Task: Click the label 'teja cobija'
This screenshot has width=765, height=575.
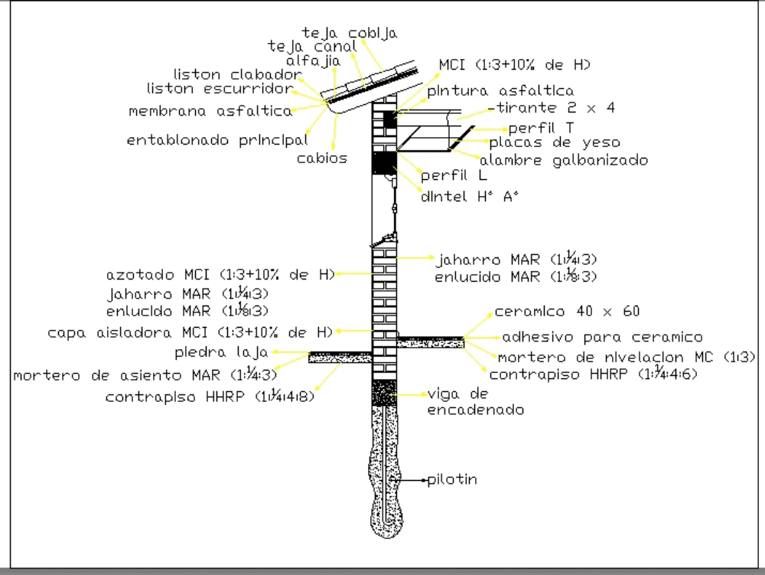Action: [x=350, y=33]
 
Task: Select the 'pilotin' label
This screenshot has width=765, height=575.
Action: [x=452, y=480]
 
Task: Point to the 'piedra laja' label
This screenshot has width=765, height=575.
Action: [x=221, y=353]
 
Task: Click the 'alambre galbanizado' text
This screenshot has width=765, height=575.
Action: [x=564, y=160]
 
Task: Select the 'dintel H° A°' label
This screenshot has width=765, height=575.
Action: [x=470, y=196]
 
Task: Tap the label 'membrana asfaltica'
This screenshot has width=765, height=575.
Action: [x=210, y=111]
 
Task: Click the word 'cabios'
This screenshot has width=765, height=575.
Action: [x=322, y=158]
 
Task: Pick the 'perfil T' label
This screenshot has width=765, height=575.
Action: [x=541, y=128]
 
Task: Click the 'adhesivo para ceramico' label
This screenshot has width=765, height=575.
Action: [x=602, y=337]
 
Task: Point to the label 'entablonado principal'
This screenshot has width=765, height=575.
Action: [x=217, y=141]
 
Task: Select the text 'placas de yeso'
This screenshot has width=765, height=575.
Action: [x=555, y=142]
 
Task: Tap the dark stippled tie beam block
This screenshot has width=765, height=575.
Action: [x=384, y=392]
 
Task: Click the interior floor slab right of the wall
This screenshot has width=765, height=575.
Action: [x=431, y=342]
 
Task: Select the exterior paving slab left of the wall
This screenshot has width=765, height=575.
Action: [x=340, y=358]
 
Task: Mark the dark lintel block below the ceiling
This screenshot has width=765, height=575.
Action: [x=384, y=163]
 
